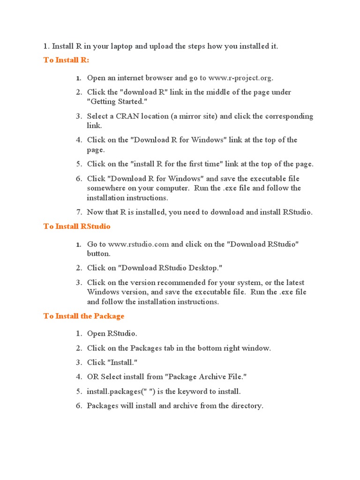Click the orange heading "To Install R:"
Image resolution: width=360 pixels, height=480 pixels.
[x=66, y=60]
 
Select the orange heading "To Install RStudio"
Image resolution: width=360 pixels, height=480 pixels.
[x=77, y=226]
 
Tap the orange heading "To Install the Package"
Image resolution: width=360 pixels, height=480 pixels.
[x=84, y=316]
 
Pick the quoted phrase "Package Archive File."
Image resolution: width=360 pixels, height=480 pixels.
[x=208, y=377]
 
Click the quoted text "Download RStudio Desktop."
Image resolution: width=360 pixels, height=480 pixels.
[x=170, y=268]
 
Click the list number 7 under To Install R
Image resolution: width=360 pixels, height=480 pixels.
[x=79, y=212]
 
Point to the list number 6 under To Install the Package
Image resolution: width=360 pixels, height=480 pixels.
[x=79, y=405]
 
